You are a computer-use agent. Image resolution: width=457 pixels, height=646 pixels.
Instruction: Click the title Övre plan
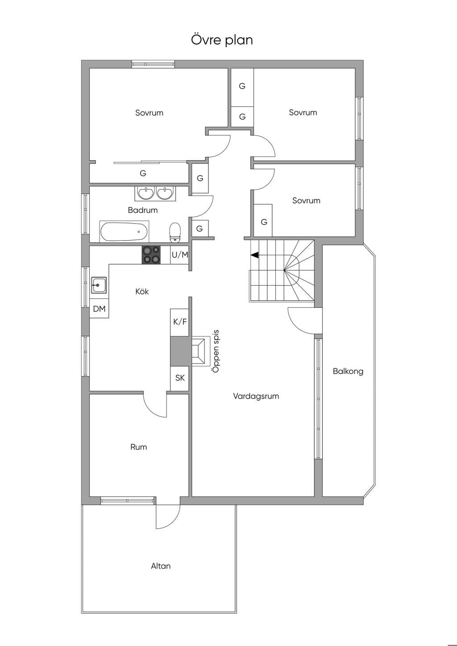(x=221, y=40)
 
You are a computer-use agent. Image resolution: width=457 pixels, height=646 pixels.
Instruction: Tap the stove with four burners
(x=151, y=255)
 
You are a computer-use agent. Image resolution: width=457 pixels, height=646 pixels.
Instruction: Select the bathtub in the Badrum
(x=124, y=232)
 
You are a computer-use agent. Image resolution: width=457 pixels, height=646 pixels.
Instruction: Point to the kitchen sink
(x=99, y=285)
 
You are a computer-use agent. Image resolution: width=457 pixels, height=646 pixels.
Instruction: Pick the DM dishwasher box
(x=99, y=309)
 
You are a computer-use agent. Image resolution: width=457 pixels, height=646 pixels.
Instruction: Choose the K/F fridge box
(x=180, y=322)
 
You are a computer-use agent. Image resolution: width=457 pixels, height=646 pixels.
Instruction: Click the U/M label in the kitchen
(x=180, y=255)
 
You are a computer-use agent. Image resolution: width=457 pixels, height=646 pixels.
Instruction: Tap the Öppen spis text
(x=216, y=351)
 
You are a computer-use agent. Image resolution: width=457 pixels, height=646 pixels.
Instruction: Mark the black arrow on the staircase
(x=254, y=255)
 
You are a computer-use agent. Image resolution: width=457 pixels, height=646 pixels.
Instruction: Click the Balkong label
(x=348, y=371)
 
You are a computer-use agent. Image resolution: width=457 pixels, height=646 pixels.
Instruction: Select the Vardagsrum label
(x=256, y=396)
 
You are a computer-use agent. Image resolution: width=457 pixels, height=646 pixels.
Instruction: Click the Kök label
(x=142, y=291)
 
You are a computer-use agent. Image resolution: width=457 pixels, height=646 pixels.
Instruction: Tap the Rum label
(x=138, y=447)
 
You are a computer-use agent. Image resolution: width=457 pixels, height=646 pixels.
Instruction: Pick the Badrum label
(x=142, y=210)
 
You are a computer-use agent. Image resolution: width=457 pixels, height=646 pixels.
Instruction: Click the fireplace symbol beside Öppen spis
(x=200, y=351)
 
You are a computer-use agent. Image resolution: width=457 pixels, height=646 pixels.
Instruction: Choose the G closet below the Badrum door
(x=199, y=228)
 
